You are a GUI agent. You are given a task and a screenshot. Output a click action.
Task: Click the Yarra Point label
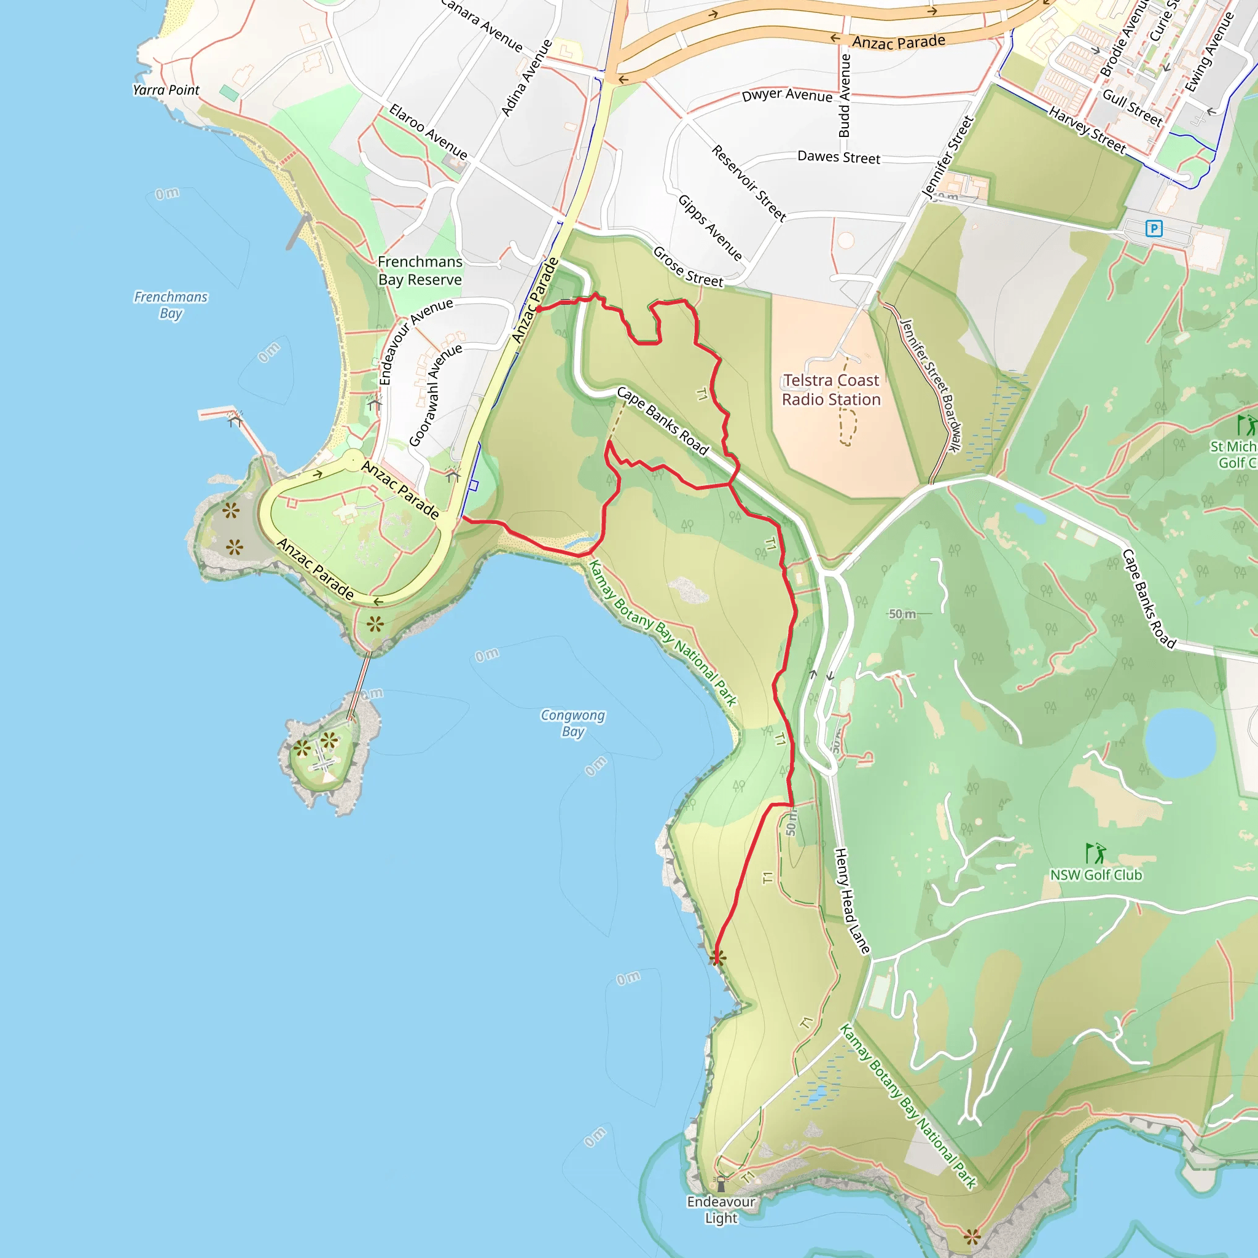pos(166,90)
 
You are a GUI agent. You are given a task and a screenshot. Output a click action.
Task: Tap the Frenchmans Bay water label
pos(171,305)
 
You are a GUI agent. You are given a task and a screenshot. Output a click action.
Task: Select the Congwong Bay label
pos(573,723)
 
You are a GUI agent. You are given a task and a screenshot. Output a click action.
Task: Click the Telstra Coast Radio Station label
pos(831,390)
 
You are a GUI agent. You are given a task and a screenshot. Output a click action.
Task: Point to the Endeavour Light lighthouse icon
pos(721,1183)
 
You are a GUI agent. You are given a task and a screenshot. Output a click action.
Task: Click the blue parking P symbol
pos(1154,228)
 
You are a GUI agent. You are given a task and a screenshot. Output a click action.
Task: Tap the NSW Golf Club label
pos(1096,875)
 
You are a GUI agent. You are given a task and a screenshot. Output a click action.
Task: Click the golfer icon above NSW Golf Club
pos(1095,853)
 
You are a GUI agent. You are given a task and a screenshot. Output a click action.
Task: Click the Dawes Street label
pos(838,158)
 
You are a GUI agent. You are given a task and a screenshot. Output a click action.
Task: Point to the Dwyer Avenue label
pos(787,95)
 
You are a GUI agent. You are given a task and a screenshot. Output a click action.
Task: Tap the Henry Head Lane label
pos(853,901)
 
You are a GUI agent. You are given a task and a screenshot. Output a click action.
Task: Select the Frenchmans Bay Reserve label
pos(420,270)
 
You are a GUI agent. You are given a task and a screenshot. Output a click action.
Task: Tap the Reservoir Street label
pos(749,182)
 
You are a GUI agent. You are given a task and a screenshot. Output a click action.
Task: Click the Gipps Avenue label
pos(709,227)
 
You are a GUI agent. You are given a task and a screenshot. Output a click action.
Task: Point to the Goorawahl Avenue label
pos(435,395)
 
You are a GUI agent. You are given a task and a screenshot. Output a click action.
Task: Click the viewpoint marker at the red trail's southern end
pos(717,957)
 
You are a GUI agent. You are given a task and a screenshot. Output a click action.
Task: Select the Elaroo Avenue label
pos(428,131)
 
